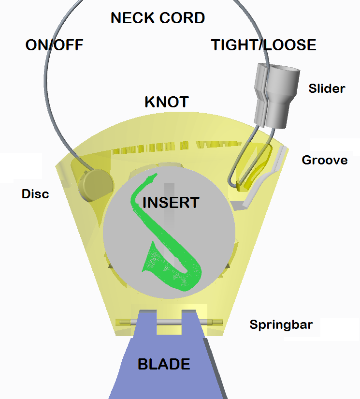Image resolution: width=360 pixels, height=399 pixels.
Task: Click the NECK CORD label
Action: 158,18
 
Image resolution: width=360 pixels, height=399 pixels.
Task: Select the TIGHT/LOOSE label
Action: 263,45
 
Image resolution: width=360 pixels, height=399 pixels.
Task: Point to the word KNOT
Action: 166,102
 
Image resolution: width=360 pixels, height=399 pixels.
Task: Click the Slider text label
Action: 327,89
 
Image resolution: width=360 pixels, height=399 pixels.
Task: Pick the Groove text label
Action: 324,160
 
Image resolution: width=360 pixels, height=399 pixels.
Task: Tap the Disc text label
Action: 35,194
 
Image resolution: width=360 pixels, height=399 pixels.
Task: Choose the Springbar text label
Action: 281,324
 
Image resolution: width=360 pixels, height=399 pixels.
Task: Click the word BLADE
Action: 164,364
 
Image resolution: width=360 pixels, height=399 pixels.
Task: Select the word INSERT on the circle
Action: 171,202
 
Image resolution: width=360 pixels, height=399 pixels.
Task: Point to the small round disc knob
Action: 96,183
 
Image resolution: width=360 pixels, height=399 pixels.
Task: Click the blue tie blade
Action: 164,368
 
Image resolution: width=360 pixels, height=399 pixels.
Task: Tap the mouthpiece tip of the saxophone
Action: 154,175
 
